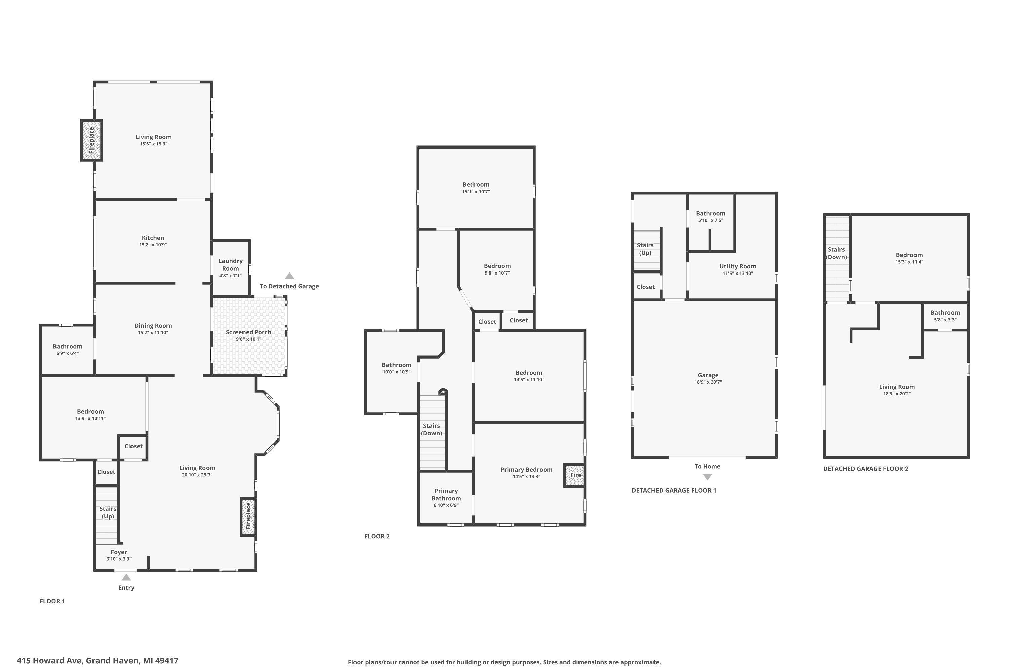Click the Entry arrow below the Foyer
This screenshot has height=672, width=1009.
[126, 577]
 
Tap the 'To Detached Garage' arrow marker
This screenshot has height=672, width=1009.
[290, 276]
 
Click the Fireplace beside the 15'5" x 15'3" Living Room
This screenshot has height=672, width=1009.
[91, 140]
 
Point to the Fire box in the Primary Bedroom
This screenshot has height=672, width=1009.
[574, 475]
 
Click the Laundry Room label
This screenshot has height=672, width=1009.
[230, 265]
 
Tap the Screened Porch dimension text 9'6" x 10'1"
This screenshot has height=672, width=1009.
[249, 339]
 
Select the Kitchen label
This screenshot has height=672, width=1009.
[153, 238]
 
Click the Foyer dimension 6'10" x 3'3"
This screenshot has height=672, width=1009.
[119, 559]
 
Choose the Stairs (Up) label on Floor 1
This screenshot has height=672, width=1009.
[108, 513]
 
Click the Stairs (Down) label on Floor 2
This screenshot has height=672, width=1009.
[431, 429]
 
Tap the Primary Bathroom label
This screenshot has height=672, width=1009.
[446, 495]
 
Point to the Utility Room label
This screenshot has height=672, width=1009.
[738, 266]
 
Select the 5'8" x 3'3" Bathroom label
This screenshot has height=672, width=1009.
[945, 313]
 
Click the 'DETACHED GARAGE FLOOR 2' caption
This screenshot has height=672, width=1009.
[865, 469]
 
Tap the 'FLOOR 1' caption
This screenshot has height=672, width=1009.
[52, 601]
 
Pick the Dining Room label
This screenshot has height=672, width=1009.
[153, 326]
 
